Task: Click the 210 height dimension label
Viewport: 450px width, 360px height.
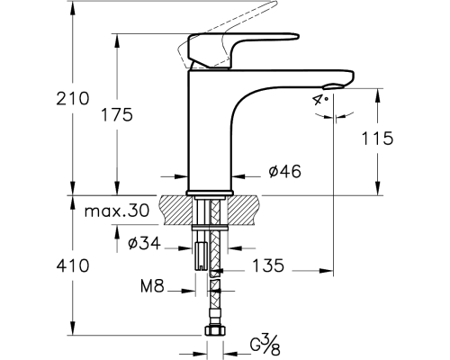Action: coord(73,98)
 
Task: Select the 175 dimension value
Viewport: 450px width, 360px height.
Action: coord(116,114)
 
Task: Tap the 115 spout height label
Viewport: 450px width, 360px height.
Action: coord(377,139)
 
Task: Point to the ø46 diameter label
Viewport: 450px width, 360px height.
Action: coord(284,172)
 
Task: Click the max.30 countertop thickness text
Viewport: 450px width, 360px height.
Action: coord(117,211)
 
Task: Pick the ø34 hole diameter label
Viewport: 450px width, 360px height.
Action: coord(144,243)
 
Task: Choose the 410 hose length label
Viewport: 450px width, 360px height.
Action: coord(73,265)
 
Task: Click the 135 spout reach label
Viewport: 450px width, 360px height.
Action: coord(268,265)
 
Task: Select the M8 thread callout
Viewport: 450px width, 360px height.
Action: coord(152,286)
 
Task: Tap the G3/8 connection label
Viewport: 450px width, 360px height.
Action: coord(265,346)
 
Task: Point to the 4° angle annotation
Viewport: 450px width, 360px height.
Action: coord(320,100)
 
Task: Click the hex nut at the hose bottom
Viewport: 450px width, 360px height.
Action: coord(215,330)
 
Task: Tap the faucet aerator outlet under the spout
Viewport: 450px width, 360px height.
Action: coord(333,86)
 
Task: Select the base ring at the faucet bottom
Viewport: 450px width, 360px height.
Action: coord(210,193)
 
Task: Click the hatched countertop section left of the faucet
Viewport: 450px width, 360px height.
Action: coord(176,210)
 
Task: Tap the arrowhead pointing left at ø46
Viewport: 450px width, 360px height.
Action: coord(238,177)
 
